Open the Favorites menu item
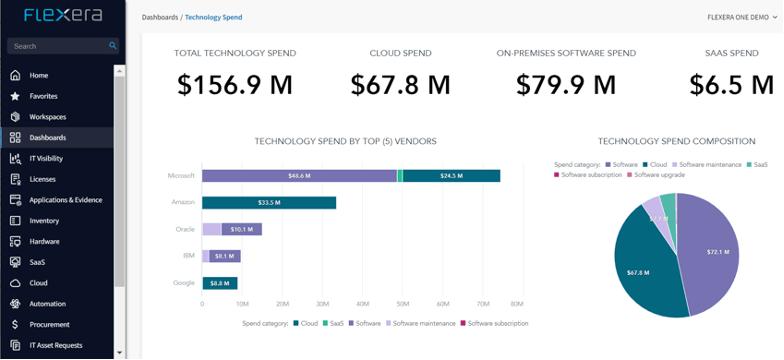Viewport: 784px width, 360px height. [x=43, y=96]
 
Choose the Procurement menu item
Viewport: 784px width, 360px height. [x=49, y=324]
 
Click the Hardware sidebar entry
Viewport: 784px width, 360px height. [x=45, y=241]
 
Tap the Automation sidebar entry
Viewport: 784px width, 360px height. [x=48, y=303]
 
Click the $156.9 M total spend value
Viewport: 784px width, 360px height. [x=234, y=86]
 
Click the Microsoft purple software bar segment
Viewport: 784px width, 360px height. [x=298, y=176]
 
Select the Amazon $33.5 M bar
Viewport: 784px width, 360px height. [x=268, y=203]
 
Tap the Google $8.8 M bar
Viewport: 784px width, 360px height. [x=220, y=283]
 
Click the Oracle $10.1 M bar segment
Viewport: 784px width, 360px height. [x=242, y=229]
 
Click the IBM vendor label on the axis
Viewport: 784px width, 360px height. [x=188, y=256]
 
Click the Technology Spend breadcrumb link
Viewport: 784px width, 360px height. [x=213, y=17]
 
